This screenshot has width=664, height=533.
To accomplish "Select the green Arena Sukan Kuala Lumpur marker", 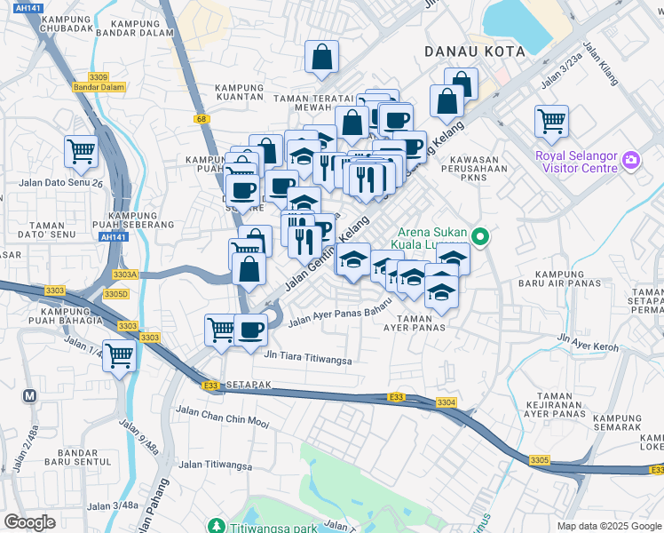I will (480, 236).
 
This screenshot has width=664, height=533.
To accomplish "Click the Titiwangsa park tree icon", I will (213, 525).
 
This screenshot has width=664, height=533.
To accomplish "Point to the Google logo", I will (29, 522).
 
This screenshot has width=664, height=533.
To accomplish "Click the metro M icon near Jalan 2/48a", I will (30, 396).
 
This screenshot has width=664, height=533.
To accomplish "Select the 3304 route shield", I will (446, 402).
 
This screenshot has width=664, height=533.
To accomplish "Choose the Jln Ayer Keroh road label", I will (587, 339).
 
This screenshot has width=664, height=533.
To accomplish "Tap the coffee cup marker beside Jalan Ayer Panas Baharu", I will (250, 330).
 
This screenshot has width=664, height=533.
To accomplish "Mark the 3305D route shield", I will (116, 293).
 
